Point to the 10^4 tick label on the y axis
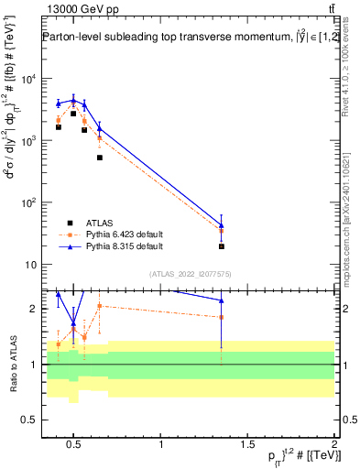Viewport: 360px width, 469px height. pyautogui.click(x=27, y=79)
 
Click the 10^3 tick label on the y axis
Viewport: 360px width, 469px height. pyautogui.click(x=27, y=141)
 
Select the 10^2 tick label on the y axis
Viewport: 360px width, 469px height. pyautogui.click(x=27, y=202)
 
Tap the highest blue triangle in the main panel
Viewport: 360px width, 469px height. pyautogui.click(x=73, y=100)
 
